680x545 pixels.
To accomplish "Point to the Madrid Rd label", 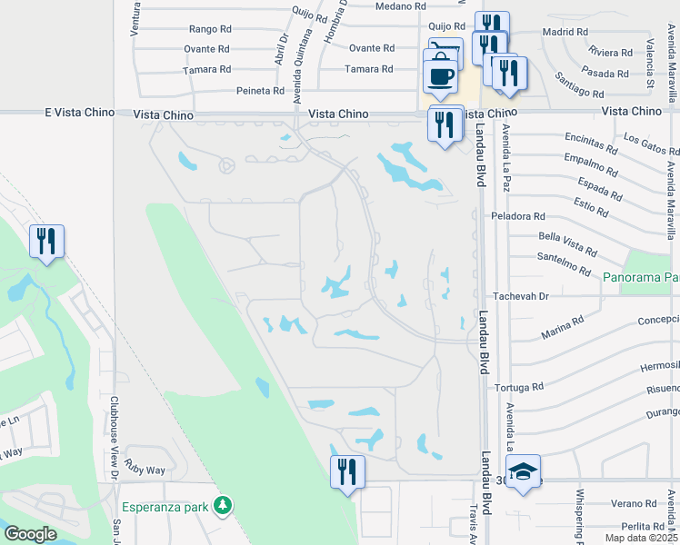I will [x=564, y=32].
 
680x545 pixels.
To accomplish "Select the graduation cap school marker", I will [x=522, y=473].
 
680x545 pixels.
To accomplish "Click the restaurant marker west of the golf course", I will [x=45, y=242].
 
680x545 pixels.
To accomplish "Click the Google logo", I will [x=30, y=535].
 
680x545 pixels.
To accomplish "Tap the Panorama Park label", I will [x=640, y=275].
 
